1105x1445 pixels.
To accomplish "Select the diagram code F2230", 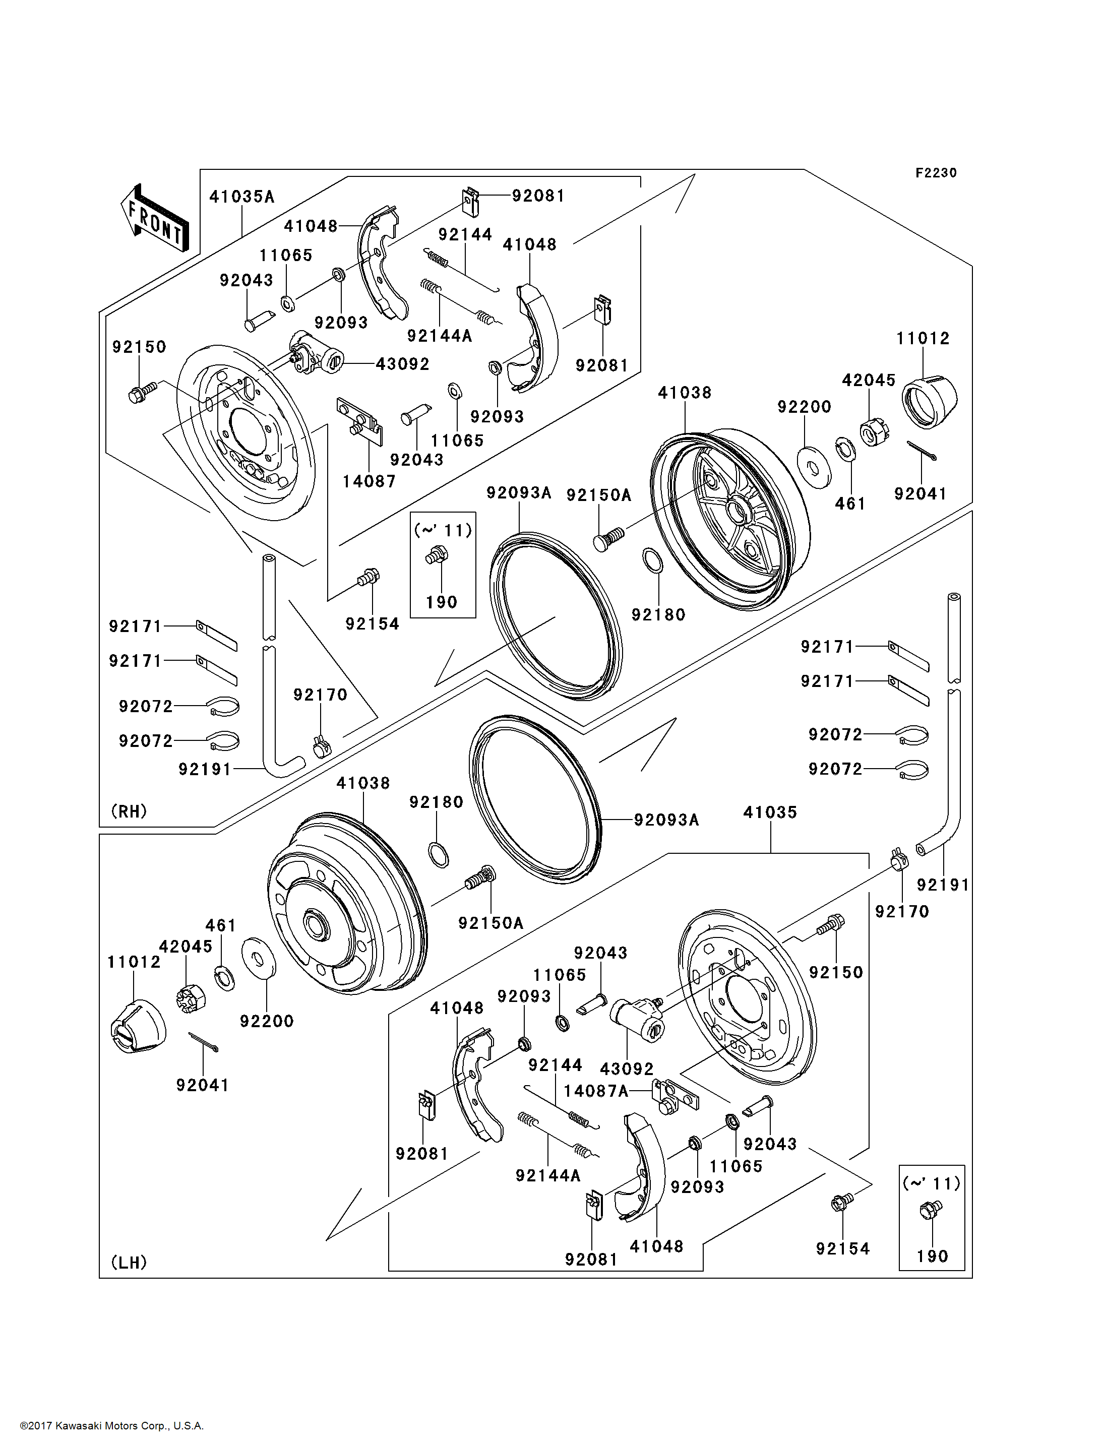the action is (x=936, y=173).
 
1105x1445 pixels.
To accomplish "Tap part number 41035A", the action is (x=242, y=197).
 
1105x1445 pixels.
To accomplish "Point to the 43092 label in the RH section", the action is (x=403, y=364).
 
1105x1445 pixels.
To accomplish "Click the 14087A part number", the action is (x=596, y=1091).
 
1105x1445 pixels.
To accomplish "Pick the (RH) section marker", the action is (x=129, y=811).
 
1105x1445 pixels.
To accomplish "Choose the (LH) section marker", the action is (x=129, y=1262).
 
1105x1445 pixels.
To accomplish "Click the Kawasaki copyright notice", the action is (x=112, y=1426).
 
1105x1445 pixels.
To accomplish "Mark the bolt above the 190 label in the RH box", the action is (x=437, y=555).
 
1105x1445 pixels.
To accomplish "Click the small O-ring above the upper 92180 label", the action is (x=652, y=560).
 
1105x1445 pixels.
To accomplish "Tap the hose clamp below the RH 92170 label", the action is (x=322, y=746).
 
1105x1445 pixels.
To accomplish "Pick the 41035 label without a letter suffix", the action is (x=770, y=812).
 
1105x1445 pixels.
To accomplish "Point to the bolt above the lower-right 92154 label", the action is (x=842, y=1202).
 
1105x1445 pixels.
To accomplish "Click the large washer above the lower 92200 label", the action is (x=259, y=958).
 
